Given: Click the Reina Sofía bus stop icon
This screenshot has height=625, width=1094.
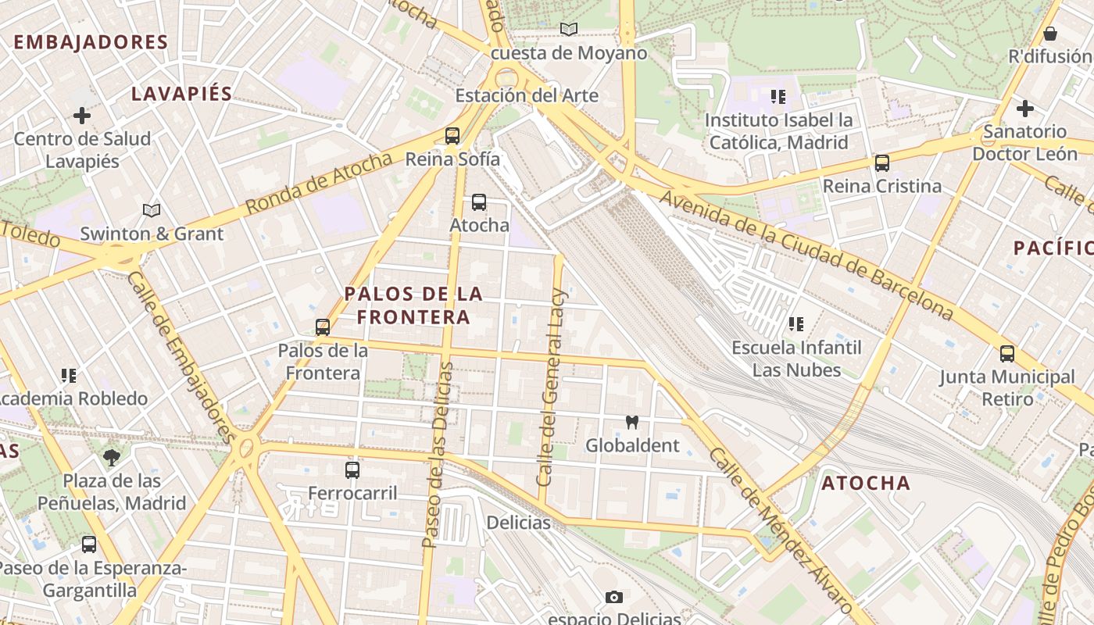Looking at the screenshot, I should point(452,136).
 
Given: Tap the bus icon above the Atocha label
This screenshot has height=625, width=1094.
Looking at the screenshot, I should point(479,202).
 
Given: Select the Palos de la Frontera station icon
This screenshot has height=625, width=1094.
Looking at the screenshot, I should point(323,327).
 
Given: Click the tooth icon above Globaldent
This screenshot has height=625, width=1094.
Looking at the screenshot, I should point(632,423).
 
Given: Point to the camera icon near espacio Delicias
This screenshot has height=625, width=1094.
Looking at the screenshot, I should point(614,598).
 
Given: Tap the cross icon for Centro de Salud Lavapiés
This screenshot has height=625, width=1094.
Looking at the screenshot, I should point(82,116).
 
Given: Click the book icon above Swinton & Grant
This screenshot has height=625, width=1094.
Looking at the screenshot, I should point(152,210).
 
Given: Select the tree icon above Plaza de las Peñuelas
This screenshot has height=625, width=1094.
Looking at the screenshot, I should point(111,458).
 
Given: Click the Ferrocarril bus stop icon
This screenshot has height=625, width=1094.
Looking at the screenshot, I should point(352,470).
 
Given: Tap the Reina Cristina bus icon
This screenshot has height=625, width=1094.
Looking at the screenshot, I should point(882,163).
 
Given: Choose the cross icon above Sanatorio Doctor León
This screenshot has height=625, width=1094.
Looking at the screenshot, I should point(1025,109).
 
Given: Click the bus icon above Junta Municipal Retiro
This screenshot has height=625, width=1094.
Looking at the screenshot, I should point(1007,354).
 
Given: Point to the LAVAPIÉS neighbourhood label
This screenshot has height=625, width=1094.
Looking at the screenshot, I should point(182,94).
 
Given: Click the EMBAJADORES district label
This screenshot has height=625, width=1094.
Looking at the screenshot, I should point(91,42).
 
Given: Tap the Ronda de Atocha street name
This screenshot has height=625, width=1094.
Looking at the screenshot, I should point(319,184).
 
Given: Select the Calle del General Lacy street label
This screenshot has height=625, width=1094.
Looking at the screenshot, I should point(552,387).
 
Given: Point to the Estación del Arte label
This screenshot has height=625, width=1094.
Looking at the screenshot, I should point(527,96).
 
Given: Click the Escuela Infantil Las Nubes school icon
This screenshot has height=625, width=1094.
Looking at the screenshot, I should point(796,323).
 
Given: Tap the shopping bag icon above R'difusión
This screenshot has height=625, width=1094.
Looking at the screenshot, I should point(1050,34).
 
